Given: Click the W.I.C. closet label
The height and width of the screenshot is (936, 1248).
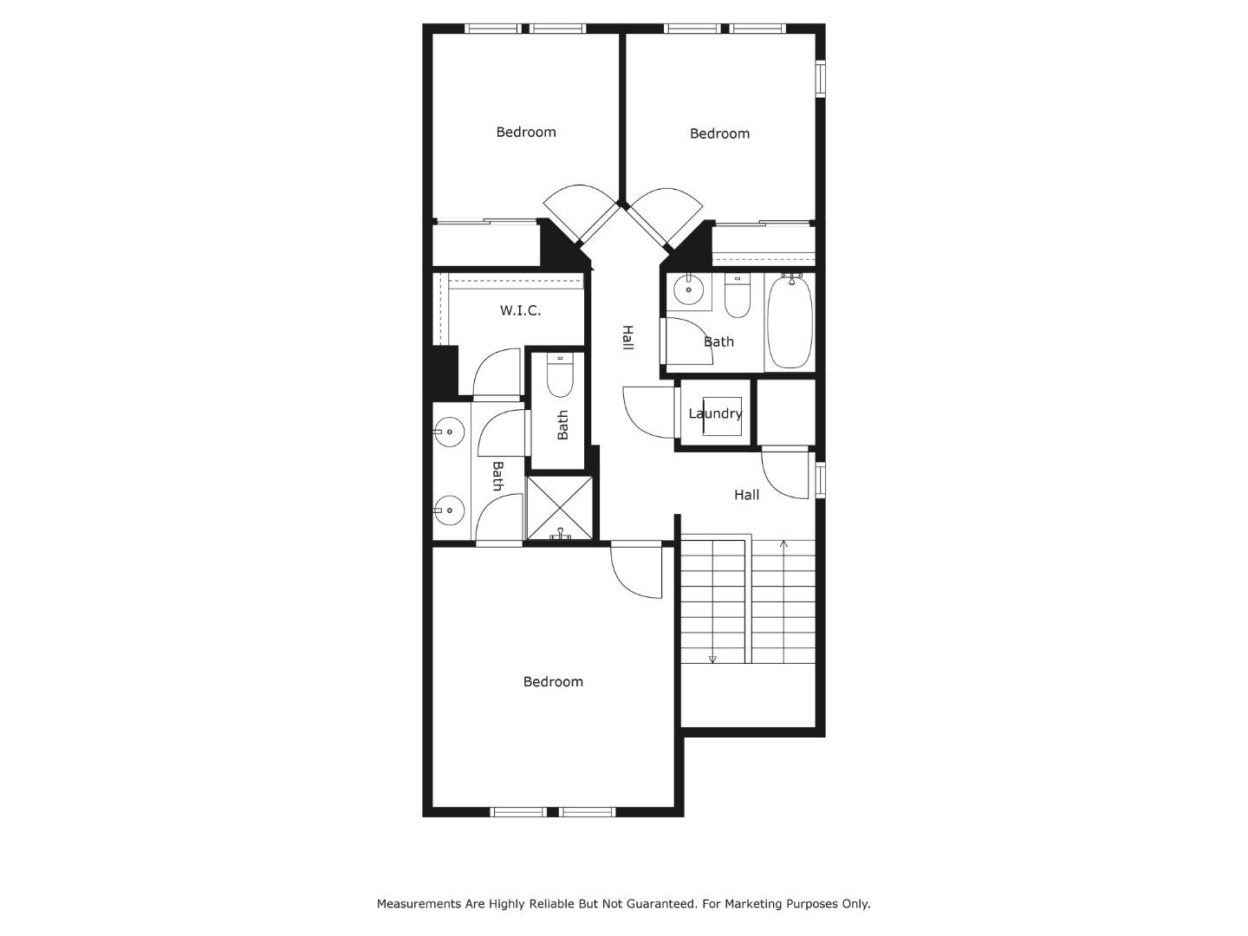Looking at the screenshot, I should (x=520, y=310).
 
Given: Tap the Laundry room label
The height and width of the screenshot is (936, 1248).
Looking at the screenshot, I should (x=715, y=413).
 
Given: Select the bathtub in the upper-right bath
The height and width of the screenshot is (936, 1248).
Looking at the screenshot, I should (x=790, y=322).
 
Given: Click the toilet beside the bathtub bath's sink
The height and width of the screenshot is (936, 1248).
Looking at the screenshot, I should (x=738, y=297).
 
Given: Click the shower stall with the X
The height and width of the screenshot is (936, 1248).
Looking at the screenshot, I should (x=561, y=508).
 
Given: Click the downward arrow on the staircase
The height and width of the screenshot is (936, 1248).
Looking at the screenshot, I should (x=712, y=659).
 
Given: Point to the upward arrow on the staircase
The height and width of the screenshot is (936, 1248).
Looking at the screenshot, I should (x=783, y=545).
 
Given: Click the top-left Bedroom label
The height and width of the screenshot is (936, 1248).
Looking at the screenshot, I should (x=526, y=132).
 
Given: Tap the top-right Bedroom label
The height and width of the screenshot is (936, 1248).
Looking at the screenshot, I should (x=719, y=133).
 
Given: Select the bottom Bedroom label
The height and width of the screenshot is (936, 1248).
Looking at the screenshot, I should (x=553, y=682).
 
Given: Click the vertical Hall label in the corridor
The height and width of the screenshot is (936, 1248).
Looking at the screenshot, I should (x=627, y=338).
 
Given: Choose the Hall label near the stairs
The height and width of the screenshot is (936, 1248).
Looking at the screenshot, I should (x=746, y=495).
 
